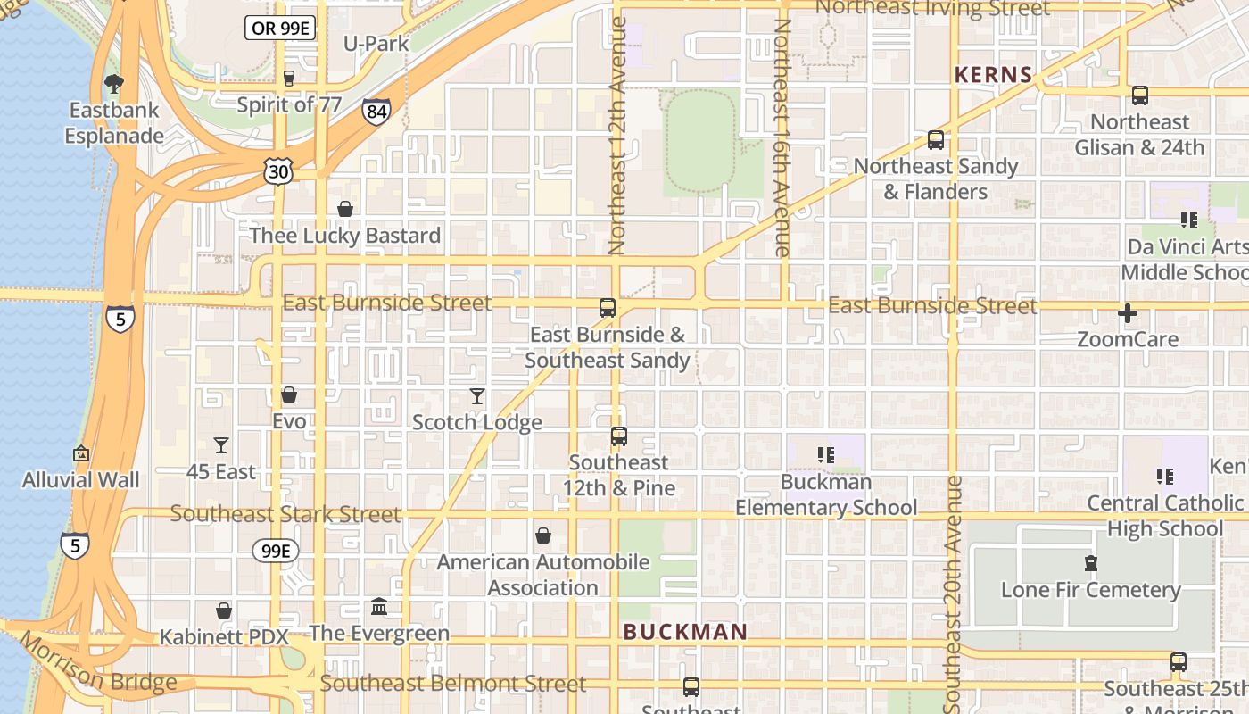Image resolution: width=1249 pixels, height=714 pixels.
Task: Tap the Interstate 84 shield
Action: [x=376, y=112]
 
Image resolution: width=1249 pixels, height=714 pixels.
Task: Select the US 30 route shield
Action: [x=278, y=171]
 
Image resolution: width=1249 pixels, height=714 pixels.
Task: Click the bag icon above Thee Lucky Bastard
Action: [x=345, y=209]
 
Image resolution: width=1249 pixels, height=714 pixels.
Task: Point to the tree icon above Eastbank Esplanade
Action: [x=113, y=84]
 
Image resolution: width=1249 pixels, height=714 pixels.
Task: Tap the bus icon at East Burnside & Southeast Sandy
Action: [x=608, y=308]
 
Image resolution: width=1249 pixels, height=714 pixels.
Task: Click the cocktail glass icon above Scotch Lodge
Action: [x=477, y=396]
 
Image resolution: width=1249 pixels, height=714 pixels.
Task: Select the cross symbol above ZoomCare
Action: [x=1128, y=313]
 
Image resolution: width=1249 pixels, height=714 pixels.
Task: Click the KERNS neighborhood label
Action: [x=994, y=75]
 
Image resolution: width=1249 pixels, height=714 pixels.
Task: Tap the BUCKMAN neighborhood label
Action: [x=685, y=632]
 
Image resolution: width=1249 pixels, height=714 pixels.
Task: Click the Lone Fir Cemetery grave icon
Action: [x=1090, y=563]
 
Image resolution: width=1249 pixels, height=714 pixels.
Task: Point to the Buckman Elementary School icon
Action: [x=825, y=455]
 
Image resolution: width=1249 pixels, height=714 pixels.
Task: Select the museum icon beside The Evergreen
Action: [x=379, y=607]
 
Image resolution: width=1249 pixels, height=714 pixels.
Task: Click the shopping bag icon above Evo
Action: [x=289, y=394]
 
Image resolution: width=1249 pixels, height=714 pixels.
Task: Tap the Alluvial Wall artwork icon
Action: [x=81, y=453]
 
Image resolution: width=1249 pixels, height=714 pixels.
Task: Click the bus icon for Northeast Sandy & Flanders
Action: [x=936, y=140]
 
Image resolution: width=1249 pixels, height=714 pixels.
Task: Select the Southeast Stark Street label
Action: [x=285, y=514]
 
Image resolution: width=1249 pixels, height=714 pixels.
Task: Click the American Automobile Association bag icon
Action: [x=542, y=535]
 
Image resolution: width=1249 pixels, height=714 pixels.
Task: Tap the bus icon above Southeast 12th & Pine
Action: [x=619, y=436]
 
